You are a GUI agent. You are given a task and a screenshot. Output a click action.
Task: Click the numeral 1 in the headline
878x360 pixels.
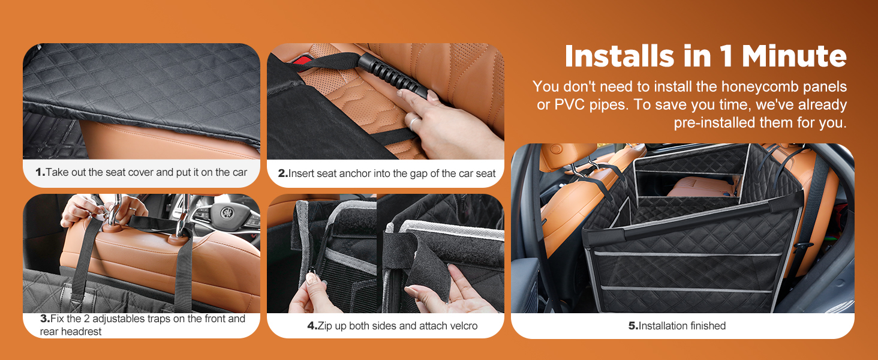tap(726, 56)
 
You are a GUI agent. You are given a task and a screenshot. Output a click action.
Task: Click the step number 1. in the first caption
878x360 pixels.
tap(40, 172)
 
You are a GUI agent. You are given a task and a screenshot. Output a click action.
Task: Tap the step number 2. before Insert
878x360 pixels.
tap(283, 173)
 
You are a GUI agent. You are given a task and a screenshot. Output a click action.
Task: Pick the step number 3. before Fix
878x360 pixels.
tap(45, 319)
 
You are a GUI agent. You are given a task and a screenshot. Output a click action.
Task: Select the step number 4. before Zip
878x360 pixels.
tap(312, 325)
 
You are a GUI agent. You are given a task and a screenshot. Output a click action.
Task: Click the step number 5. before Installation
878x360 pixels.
tap(633, 325)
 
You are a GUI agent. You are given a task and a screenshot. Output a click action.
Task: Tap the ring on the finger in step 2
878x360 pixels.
tap(413, 121)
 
